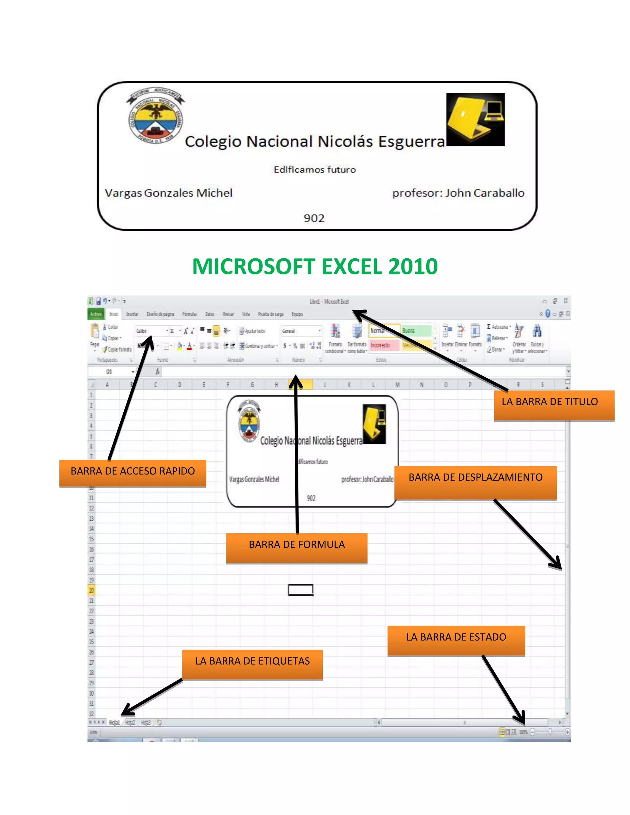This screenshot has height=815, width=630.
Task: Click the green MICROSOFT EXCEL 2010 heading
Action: point(315,266)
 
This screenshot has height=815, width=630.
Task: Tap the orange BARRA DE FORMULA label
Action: point(297,547)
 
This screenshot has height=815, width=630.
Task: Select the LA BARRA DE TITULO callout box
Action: point(553,405)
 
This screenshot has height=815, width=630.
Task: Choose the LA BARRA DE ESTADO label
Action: point(456,640)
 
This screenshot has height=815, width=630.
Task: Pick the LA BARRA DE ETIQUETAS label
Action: point(252,664)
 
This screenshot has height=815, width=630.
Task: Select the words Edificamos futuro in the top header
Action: point(315,170)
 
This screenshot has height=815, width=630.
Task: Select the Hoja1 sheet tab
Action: point(114,722)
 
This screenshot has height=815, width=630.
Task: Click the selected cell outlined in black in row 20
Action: point(301,590)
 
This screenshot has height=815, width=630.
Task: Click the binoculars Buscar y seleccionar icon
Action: point(537,331)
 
